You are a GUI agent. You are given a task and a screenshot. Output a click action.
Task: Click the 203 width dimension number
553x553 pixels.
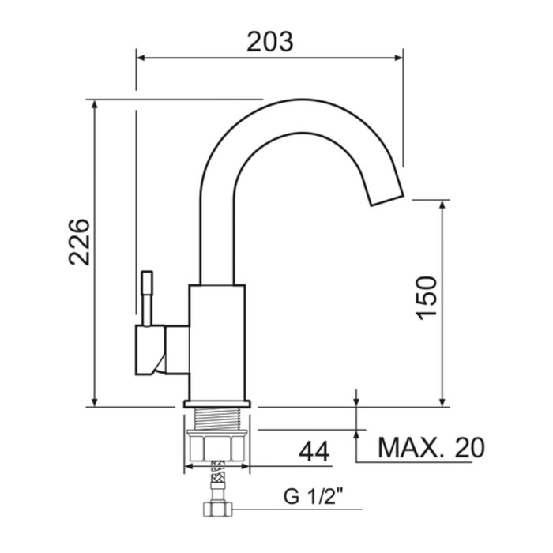pos(270,42)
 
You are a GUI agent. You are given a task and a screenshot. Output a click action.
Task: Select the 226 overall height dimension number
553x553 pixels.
pos(79,242)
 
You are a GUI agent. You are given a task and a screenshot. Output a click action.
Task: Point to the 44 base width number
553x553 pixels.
pos(314,451)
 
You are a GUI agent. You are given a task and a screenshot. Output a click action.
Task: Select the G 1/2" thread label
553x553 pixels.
pos(314,496)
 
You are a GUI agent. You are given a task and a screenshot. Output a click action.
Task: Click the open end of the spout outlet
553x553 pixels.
pos(386,200)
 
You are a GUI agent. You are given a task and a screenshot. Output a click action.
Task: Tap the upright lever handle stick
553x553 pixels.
pos(147,299)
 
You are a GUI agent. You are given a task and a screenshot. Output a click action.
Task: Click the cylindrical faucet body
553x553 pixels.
pos(217,342)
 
